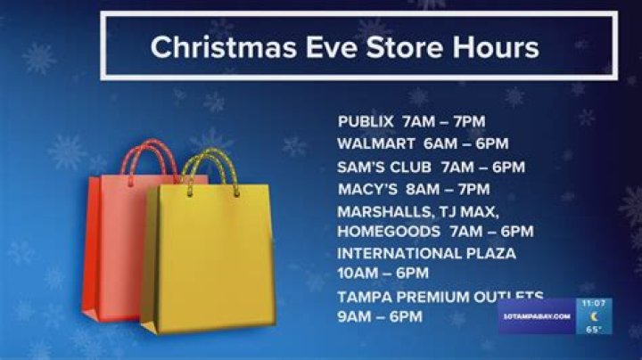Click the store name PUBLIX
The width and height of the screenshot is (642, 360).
pos(366,121)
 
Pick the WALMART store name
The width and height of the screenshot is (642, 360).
pos(374,143)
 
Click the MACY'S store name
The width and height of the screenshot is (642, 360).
pos(367,189)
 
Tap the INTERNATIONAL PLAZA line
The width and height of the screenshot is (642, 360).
pos(426,253)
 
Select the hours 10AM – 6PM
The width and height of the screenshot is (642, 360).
pos(383,273)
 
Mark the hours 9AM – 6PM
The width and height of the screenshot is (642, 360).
pos(380,315)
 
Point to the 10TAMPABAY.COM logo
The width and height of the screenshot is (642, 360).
pos(537,316)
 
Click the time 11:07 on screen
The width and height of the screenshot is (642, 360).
pos(594,303)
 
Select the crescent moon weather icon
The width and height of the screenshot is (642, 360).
pos(594,316)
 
